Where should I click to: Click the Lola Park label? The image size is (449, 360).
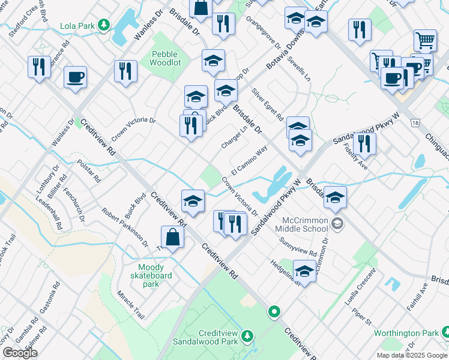[x=78, y=26]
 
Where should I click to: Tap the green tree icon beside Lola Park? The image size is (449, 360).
[x=104, y=25]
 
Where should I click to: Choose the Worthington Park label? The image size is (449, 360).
[x=406, y=333]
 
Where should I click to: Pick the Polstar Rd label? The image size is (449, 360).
[x=88, y=171]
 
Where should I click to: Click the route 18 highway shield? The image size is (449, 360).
[x=414, y=123]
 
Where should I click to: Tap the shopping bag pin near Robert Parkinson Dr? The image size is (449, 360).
[x=172, y=238]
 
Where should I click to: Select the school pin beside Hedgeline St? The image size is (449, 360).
[x=304, y=271]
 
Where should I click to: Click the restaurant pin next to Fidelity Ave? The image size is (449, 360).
[x=364, y=144]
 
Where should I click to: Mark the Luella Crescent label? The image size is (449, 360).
[x=364, y=286]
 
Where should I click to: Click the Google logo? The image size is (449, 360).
[x=20, y=353]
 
